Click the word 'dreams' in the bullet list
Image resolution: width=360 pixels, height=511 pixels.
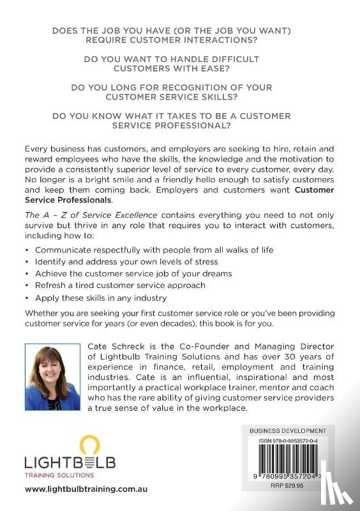point(214,274)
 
